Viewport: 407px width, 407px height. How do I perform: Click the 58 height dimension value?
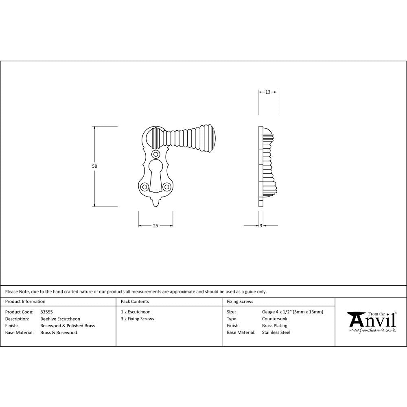pyautogui.click(x=95, y=166)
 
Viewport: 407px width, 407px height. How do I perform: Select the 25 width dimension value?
pyautogui.click(x=155, y=225)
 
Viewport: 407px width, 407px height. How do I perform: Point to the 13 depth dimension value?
pyautogui.click(x=268, y=92)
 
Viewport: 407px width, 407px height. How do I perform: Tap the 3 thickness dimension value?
pyautogui.click(x=260, y=225)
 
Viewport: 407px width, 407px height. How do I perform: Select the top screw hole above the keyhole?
pyautogui.click(x=155, y=155)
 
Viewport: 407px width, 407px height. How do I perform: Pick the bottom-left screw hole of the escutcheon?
pyautogui.click(x=144, y=187)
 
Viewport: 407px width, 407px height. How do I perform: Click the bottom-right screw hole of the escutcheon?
pyautogui.click(x=166, y=187)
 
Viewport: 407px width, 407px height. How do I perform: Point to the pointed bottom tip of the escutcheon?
pyautogui.click(x=155, y=204)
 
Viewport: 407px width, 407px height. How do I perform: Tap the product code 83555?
pyautogui.click(x=46, y=312)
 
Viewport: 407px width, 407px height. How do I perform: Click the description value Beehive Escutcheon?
pyautogui.click(x=60, y=319)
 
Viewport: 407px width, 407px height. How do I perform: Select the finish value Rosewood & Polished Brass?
pyautogui.click(x=68, y=326)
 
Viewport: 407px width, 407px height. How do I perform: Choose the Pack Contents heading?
pyautogui.click(x=135, y=302)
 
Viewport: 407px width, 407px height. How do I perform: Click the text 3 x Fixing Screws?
pyautogui.click(x=138, y=319)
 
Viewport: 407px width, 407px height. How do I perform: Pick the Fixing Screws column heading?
pyautogui.click(x=240, y=302)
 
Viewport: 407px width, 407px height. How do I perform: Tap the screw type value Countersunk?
pyautogui.click(x=274, y=319)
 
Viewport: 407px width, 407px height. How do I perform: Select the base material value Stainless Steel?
pyautogui.click(x=276, y=333)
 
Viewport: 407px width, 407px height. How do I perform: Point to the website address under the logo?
pyautogui.click(x=372, y=330)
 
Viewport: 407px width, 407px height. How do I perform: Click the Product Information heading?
pyautogui.click(x=25, y=302)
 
